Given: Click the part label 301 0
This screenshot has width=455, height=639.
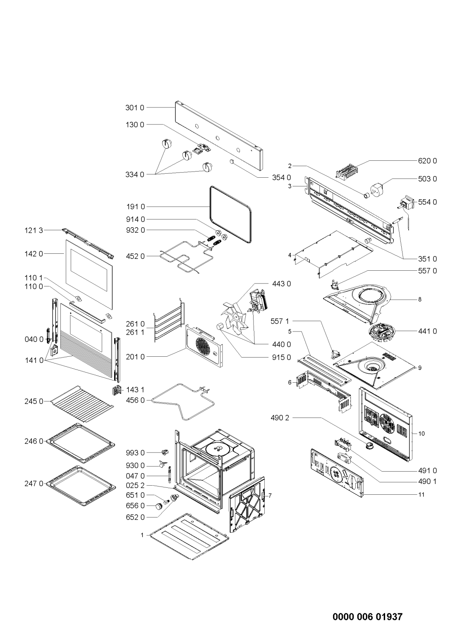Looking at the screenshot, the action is [x=135, y=107].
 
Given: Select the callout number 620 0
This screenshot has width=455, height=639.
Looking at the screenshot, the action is [x=427, y=161].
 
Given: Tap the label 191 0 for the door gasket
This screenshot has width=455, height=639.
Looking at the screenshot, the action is [x=136, y=207].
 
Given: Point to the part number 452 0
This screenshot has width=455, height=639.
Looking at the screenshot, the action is [x=135, y=256].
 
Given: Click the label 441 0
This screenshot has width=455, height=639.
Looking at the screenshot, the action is [x=427, y=331].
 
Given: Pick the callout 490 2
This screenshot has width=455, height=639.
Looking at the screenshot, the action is [x=280, y=418].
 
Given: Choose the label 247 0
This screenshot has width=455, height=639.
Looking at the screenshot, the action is [x=34, y=484].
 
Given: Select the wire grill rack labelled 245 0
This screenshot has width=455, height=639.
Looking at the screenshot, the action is [x=82, y=404].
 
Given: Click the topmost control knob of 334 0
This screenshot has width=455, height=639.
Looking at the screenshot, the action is [x=165, y=143].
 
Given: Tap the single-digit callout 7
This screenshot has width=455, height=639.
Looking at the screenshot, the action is [x=270, y=496].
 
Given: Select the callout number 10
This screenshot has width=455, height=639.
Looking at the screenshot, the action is [x=421, y=434].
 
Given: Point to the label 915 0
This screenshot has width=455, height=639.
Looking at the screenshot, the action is [x=281, y=357].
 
